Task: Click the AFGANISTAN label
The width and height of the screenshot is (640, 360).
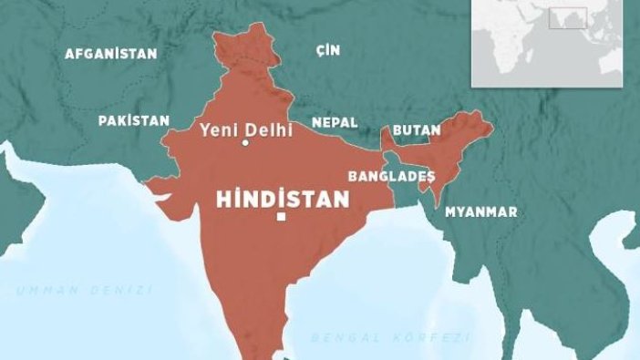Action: [110, 54]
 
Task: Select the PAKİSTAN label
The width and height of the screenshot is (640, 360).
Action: [134, 120]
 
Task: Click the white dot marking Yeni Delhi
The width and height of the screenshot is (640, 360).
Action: [245, 143]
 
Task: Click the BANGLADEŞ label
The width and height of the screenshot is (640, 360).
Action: [391, 175]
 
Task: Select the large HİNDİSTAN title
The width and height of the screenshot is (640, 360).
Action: [283, 200]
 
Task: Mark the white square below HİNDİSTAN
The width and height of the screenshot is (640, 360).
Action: [282, 217]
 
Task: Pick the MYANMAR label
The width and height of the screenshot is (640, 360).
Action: [480, 211]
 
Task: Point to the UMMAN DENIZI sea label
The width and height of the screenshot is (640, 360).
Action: [83, 290]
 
